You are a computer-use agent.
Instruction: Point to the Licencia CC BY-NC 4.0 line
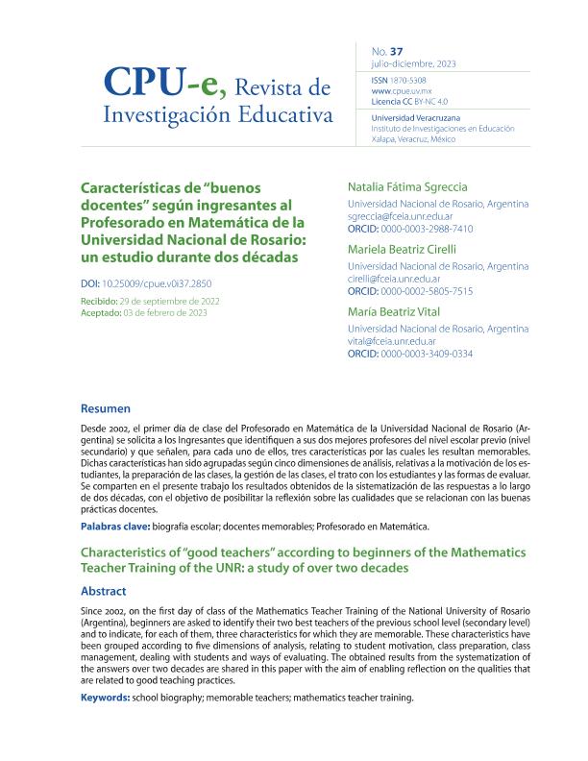coord(410,101)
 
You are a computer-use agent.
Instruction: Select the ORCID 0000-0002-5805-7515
coord(433,291)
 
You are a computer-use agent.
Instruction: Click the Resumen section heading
coord(106,407)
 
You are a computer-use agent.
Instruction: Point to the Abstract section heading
coord(104,592)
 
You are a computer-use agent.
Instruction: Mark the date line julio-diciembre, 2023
coord(413,63)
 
